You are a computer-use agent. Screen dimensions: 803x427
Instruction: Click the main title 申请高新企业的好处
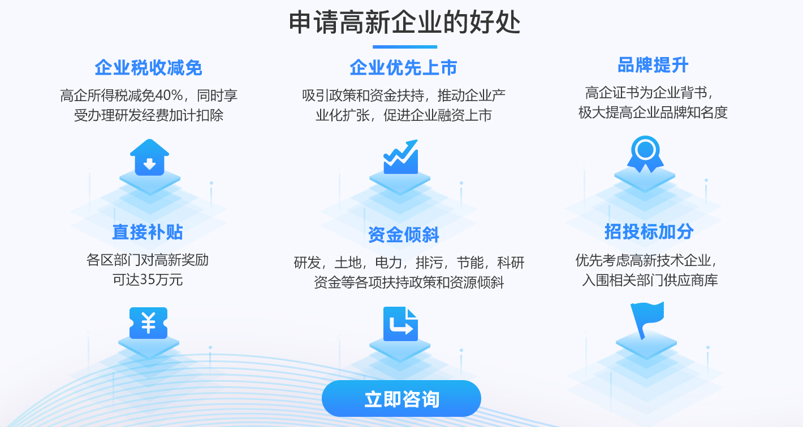(404, 22)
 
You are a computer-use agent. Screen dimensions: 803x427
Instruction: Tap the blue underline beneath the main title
(405, 47)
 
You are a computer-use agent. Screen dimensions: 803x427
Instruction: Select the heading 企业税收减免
(148, 68)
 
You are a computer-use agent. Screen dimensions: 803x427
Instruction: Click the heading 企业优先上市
(404, 68)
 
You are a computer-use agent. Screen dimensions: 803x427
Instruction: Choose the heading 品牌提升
(653, 65)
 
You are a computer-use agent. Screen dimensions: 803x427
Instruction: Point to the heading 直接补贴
(148, 232)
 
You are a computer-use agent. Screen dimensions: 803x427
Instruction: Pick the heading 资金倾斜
(404, 235)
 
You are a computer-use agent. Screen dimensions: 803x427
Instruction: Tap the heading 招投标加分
(649, 232)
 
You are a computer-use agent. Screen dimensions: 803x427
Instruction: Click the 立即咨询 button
(401, 398)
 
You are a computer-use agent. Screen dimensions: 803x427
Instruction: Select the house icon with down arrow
(149, 158)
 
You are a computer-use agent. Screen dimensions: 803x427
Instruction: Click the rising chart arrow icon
(401, 157)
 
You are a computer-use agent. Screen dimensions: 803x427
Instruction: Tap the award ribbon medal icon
(645, 154)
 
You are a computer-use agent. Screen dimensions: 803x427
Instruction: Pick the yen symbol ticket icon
(148, 323)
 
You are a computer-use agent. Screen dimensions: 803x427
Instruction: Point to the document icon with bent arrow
(400, 324)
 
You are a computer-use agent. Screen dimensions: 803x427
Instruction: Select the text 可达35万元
(148, 280)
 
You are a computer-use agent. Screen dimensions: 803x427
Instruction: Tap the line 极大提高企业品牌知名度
(653, 113)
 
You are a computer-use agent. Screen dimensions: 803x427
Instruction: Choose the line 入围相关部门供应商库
(650, 280)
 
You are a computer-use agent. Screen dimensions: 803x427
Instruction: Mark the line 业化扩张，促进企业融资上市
(404, 115)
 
